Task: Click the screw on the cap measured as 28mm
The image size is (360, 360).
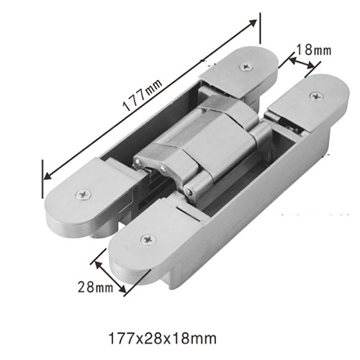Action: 150,238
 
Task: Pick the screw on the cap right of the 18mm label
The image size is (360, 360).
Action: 314,95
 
